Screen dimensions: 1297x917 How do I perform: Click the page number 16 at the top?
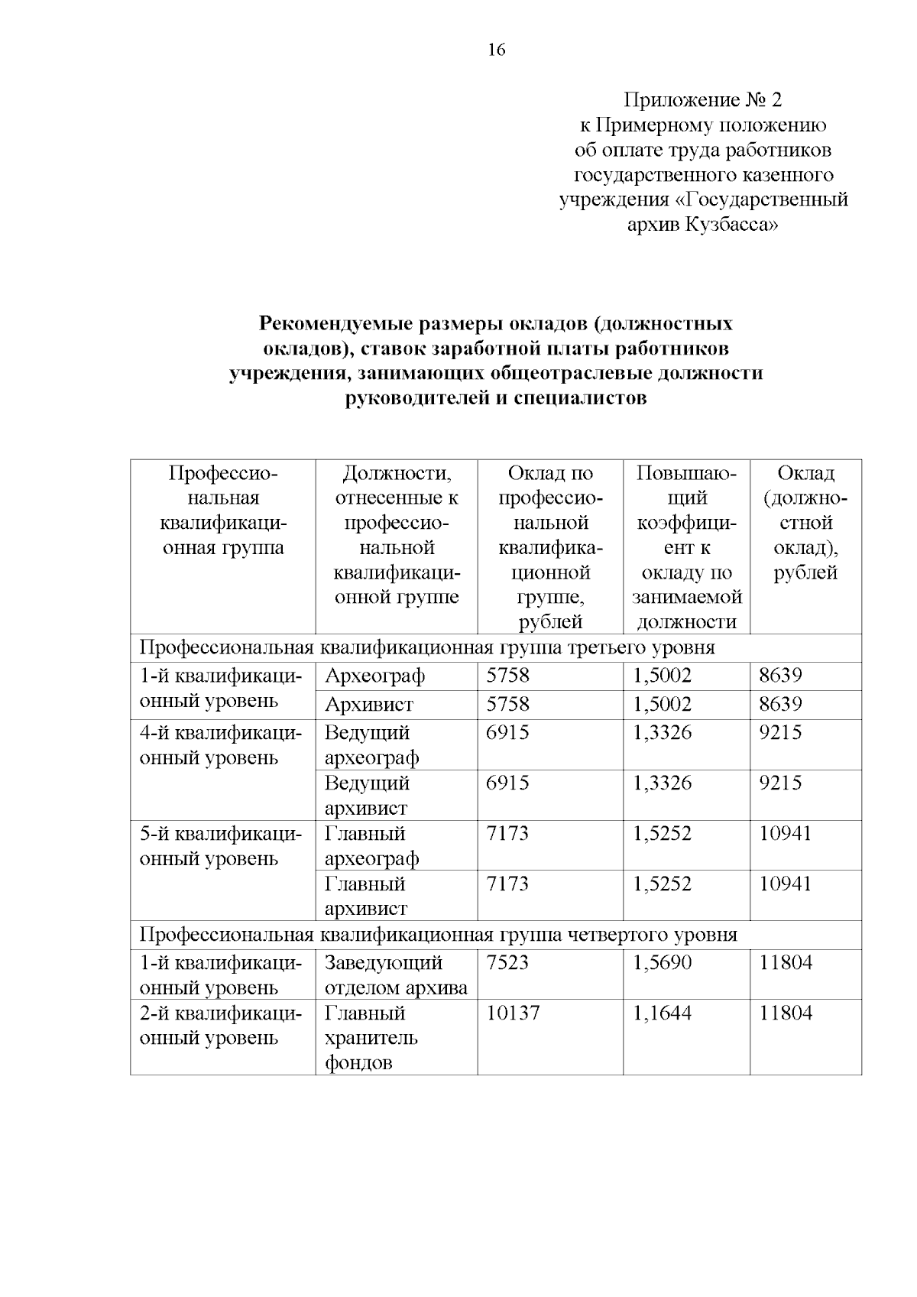pyautogui.click(x=496, y=50)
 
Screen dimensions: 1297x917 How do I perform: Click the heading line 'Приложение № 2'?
pyautogui.click(x=703, y=100)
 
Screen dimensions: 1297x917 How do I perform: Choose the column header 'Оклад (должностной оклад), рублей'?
pyautogui.click(x=805, y=523)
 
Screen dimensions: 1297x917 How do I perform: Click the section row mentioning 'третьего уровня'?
pyautogui.click(x=427, y=648)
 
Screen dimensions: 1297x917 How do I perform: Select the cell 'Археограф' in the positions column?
pyautogui.click(x=374, y=676)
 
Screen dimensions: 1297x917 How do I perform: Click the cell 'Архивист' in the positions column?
pyautogui.click(x=368, y=704)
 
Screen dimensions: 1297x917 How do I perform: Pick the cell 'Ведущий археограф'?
pyautogui.click(x=371, y=745)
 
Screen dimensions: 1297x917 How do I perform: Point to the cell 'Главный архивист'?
pyautogui.click(x=366, y=896)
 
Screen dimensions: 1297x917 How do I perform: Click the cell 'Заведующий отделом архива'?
pyautogui.click(x=395, y=974)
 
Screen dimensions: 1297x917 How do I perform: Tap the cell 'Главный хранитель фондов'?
pyautogui.click(x=371, y=1037)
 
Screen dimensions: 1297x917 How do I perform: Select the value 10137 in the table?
pyautogui.click(x=513, y=1013)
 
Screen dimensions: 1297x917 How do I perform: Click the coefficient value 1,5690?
pyautogui.click(x=662, y=963)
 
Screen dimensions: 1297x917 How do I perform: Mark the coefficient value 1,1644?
pyautogui.click(x=662, y=1013)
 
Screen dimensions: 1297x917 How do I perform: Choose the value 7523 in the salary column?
pyautogui.click(x=507, y=963)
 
